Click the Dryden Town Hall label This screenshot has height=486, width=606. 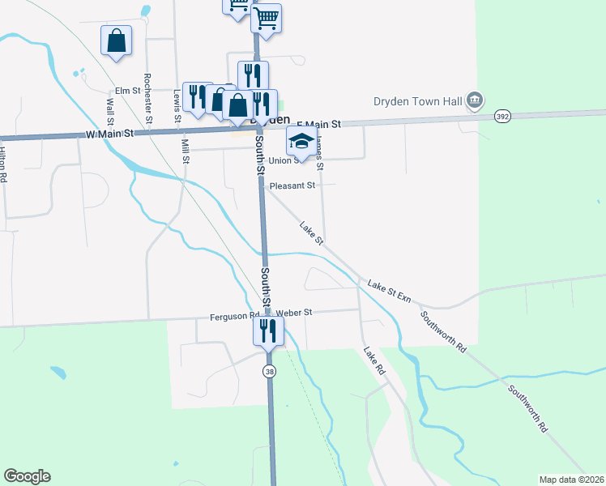click(416, 101)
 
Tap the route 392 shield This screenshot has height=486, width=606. click(502, 117)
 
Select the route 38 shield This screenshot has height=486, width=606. click(268, 370)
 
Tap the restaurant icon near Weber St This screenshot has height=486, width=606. click(268, 330)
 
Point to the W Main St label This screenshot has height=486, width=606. click(109, 134)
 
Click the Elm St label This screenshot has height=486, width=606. click(128, 91)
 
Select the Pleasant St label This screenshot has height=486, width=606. click(292, 185)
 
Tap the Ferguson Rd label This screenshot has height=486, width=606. click(234, 315)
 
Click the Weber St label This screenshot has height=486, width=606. click(293, 312)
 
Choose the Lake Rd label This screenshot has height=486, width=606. click(373, 360)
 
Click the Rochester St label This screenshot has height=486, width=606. click(148, 98)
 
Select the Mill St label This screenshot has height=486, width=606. click(186, 151)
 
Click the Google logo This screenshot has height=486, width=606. click(27, 476)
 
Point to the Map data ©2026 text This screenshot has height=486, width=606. click(570, 480)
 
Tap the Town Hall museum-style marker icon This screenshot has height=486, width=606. click(476, 101)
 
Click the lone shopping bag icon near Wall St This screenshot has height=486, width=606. click(116, 40)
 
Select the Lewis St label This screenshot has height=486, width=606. click(176, 106)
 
